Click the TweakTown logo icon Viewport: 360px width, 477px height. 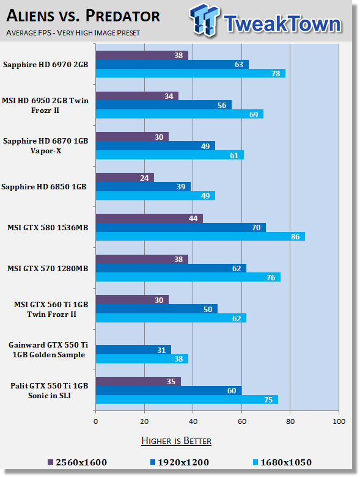click(205, 20)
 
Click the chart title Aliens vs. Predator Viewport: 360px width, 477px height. click(83, 16)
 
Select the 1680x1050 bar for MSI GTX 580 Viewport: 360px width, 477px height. click(200, 236)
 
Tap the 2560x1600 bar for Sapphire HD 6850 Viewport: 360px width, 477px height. click(125, 178)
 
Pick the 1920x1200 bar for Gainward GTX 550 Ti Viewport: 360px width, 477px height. click(133, 350)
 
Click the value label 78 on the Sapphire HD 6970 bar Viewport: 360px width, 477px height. click(276, 74)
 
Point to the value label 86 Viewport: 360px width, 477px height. click(295, 237)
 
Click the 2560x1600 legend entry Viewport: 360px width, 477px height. click(78, 462)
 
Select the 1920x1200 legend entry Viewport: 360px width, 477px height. click(180, 462)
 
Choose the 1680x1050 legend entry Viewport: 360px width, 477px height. click(282, 462)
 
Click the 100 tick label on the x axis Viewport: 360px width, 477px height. click(339, 421)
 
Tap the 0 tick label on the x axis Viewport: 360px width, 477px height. click(95, 421)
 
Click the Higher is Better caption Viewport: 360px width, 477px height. click(177, 441)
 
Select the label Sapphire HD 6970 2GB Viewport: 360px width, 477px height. click(46, 65)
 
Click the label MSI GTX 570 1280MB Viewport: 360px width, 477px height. click(48, 268)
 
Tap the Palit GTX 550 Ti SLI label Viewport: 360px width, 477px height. click(50, 391)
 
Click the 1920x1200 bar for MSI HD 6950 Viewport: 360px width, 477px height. click(164, 105)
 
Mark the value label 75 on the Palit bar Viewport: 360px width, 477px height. click(268, 399)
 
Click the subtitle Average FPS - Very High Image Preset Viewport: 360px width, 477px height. click(73, 32)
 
